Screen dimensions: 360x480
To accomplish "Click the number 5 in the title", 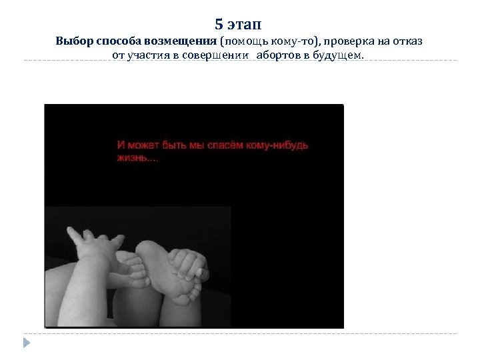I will [x=219, y=25].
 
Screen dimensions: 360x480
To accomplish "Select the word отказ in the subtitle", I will [x=405, y=41].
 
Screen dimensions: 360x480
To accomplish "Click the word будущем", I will [x=340, y=55].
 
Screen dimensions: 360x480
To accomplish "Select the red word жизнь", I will [x=132, y=159].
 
